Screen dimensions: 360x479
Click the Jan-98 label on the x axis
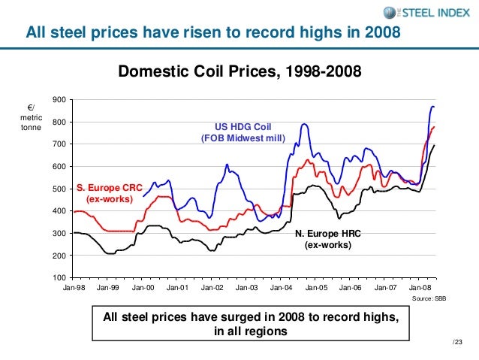(x=74, y=288)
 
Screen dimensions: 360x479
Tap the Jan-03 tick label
(x=246, y=288)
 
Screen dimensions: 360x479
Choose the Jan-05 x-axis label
(x=315, y=288)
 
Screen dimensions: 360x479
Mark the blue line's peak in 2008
(x=432, y=106)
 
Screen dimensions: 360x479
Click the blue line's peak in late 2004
(x=304, y=123)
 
